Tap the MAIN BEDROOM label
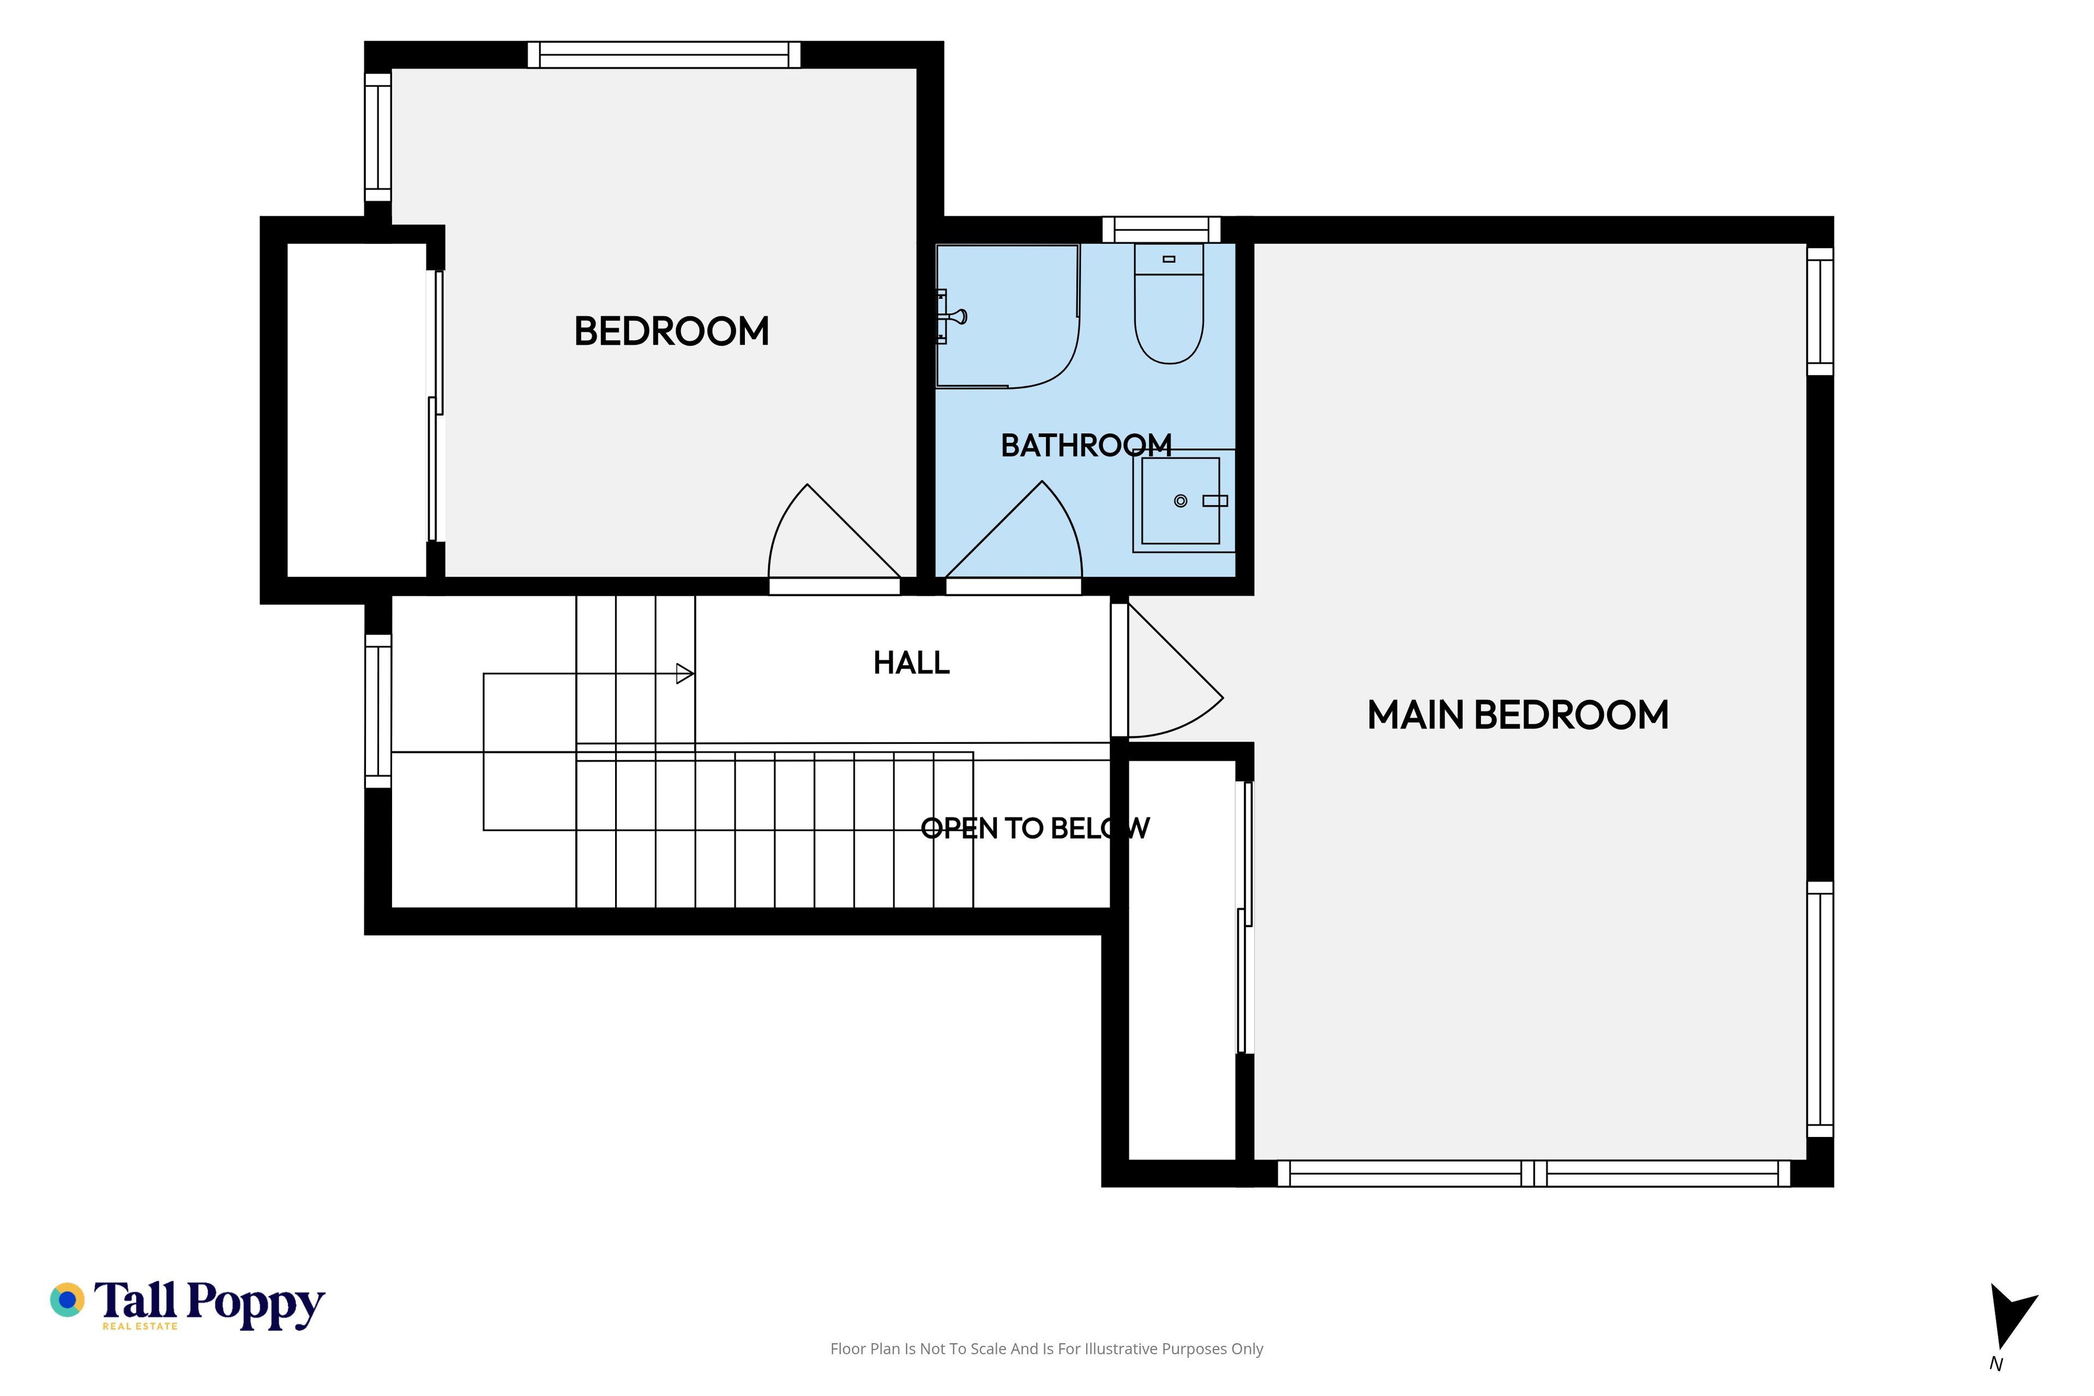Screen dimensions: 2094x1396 [1518, 715]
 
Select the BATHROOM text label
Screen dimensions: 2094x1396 [1086, 445]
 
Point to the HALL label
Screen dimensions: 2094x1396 [912, 663]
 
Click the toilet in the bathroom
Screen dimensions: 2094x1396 [1169, 304]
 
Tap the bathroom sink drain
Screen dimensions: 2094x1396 [1181, 501]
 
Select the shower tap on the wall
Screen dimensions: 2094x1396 [951, 316]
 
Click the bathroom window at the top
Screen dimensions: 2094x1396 [1161, 230]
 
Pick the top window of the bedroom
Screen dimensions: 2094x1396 [664, 55]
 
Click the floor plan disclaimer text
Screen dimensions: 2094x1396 [1047, 1349]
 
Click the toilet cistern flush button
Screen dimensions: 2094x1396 [1169, 259]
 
